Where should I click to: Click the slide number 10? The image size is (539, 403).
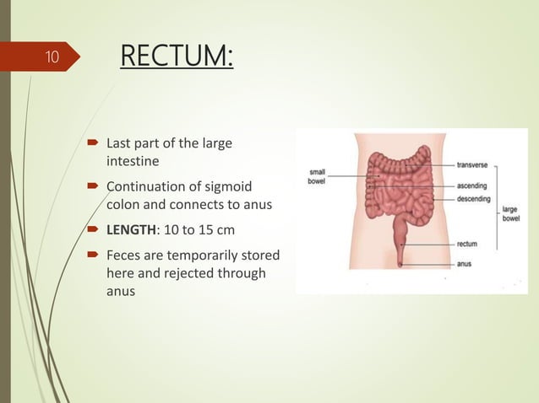click(52, 57)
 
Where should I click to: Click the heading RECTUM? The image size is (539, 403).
click(177, 57)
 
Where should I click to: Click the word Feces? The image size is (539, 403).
click(125, 255)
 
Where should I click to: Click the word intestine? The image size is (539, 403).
click(133, 160)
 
